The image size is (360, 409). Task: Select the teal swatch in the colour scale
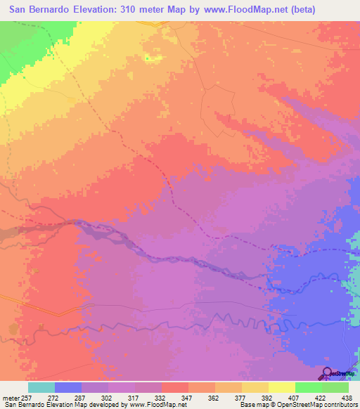41,387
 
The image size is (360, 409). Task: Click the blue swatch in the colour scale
68,387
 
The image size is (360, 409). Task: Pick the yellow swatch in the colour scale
255,387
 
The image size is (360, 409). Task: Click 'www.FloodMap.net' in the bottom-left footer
154,405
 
